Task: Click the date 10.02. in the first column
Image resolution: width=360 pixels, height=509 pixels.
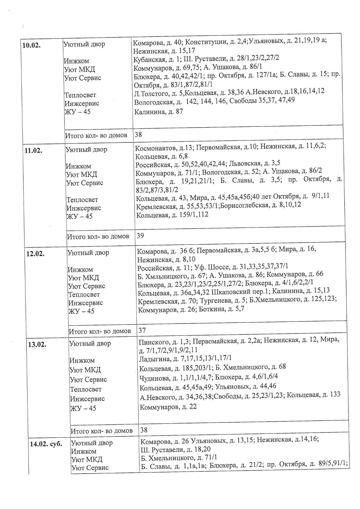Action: (31, 46)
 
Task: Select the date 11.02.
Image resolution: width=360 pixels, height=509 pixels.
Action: (33, 151)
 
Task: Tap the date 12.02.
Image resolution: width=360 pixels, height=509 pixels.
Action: (35, 254)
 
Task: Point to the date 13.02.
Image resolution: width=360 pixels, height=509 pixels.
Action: (37, 344)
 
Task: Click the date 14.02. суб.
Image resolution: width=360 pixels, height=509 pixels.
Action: (46, 444)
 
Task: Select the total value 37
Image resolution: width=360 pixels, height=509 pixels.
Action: (142, 330)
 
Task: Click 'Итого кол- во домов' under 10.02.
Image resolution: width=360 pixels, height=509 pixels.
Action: (96, 135)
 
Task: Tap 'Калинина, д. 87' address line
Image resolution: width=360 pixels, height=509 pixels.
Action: (159, 112)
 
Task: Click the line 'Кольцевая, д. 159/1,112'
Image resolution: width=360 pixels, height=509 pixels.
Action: (172, 215)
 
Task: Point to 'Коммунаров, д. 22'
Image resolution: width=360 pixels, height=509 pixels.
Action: (168, 407)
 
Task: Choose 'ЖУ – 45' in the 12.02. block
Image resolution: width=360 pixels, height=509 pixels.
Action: (81, 311)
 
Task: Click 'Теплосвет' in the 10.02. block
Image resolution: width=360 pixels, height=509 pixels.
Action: (80, 95)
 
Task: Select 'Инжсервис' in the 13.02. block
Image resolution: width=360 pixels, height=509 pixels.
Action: (87, 399)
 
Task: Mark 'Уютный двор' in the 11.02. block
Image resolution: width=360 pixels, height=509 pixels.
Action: (87, 149)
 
